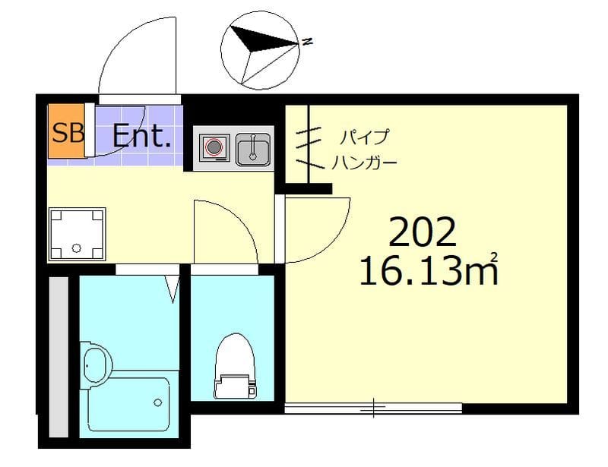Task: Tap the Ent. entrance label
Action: [x=141, y=136]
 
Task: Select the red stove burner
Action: [x=215, y=147]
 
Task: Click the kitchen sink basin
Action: [x=252, y=147]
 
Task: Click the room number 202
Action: [x=423, y=232]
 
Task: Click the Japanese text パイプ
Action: [x=364, y=138]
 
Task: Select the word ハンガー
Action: [x=364, y=163]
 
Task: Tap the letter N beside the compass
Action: [x=306, y=42]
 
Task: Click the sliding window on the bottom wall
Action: [x=373, y=409]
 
